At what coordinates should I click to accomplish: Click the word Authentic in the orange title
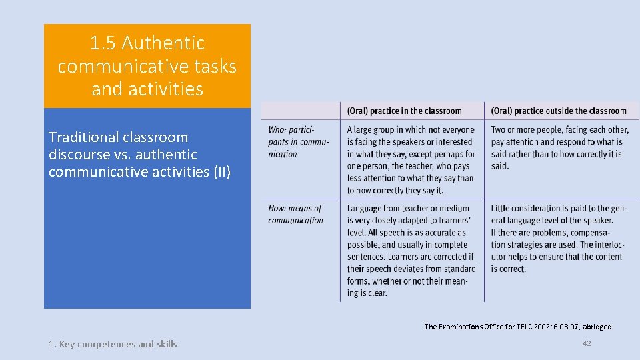coord(163,43)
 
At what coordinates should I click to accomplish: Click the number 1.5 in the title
coord(103,43)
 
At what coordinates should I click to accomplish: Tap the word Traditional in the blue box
coord(85,137)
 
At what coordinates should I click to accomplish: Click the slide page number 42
coord(587,343)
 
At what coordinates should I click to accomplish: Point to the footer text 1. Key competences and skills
coord(113,344)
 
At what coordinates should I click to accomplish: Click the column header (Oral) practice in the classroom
coord(405,111)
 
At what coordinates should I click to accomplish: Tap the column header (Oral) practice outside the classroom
coord(559,111)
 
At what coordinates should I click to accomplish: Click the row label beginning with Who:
coord(291,141)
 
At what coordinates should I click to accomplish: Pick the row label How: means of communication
coord(295,214)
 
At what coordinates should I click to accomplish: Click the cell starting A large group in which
coord(411,160)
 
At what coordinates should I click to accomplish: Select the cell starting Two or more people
coord(559,147)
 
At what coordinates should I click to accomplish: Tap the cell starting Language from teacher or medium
coord(411,250)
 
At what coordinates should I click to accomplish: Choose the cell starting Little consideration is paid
coord(559,238)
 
